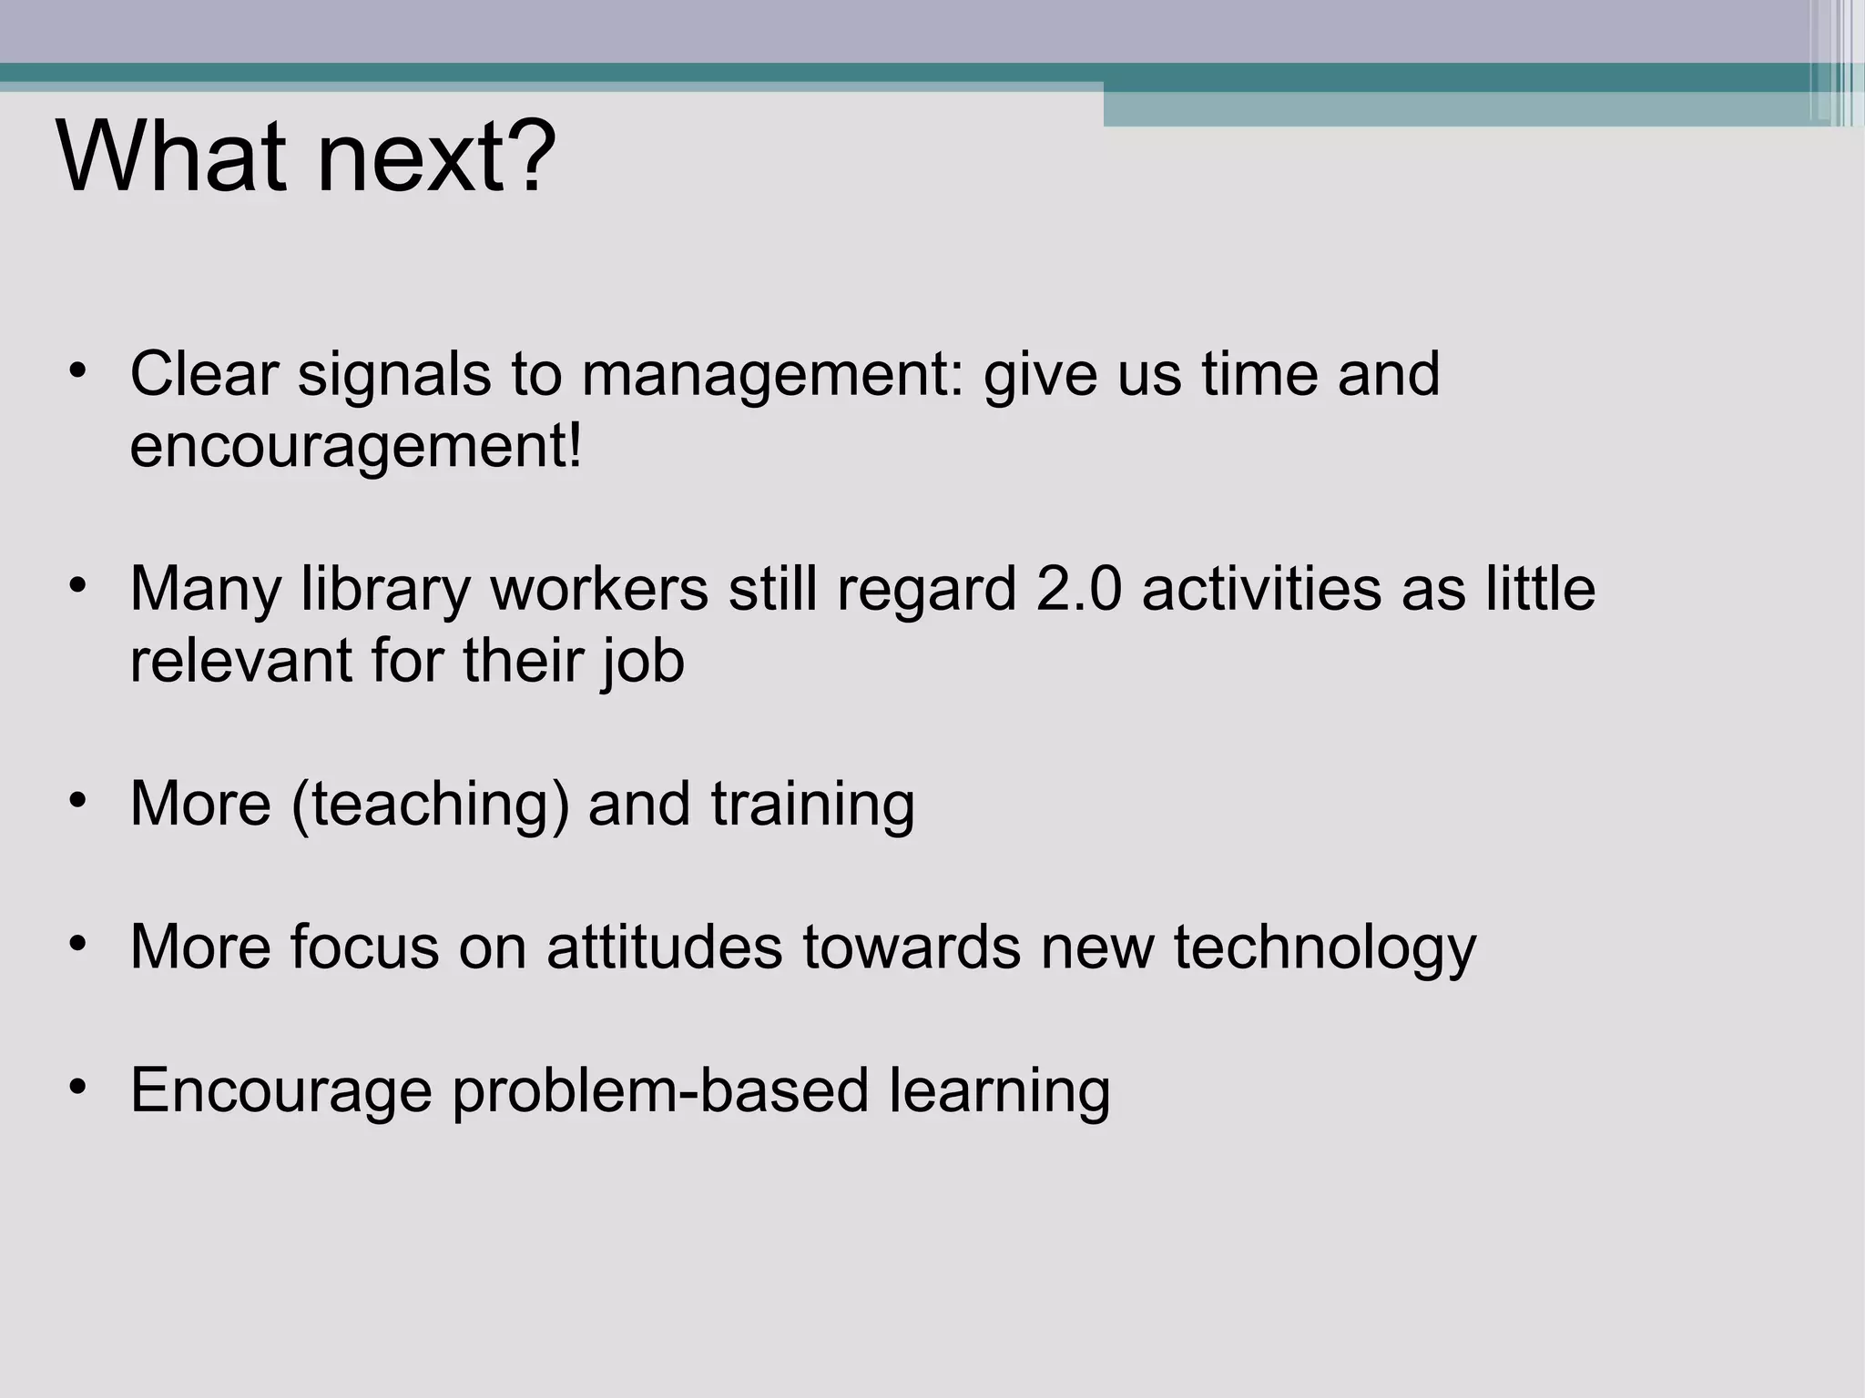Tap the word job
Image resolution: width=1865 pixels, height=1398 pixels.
point(642,663)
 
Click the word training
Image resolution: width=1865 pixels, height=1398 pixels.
point(812,805)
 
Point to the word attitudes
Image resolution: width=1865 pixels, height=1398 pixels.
point(664,947)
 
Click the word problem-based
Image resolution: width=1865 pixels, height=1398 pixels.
point(660,1090)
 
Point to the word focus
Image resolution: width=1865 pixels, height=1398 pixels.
point(364,947)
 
